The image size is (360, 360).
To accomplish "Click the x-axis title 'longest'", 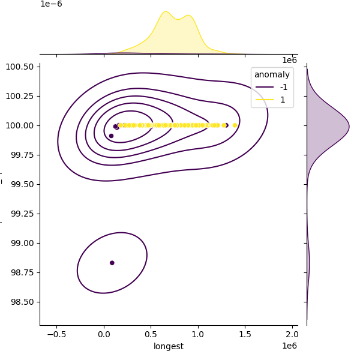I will tap(169, 346).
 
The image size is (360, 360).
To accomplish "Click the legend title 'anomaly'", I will tap(272, 74).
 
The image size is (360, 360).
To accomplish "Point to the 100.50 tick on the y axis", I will tap(21, 67).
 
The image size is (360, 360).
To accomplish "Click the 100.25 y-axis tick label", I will tap(21, 96).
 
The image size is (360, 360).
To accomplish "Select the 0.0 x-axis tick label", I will tap(104, 334).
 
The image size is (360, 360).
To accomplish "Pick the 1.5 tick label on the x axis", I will tap(245, 334).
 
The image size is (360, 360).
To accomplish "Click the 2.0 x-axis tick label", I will tap(292, 334).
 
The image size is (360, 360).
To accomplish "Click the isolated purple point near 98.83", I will tap(112, 263).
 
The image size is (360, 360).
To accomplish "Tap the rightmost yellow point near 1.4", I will tap(235, 125).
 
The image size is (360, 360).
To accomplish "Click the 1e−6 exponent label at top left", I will tap(51, 4).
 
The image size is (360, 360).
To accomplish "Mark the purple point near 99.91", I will tap(111, 136).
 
